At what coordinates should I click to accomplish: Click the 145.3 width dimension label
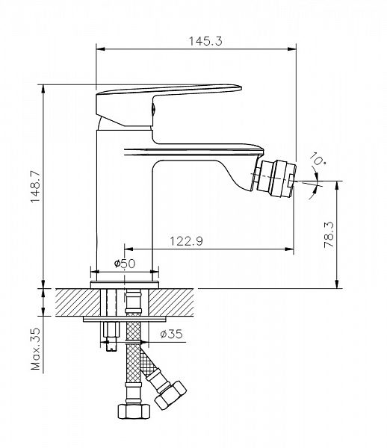pyautogui.click(x=205, y=41)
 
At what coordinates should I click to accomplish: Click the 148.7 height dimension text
pyautogui.click(x=36, y=187)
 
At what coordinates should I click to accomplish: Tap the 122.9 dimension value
pyautogui.click(x=187, y=241)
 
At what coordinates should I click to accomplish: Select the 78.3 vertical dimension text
pyautogui.click(x=329, y=234)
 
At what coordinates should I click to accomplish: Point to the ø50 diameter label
pyautogui.click(x=125, y=264)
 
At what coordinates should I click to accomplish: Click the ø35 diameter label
pyautogui.click(x=171, y=334)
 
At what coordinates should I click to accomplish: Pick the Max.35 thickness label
pyautogui.click(x=36, y=349)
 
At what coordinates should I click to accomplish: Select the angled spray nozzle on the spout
pyautogui.click(x=275, y=179)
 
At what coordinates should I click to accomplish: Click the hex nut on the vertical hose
pyautogui.click(x=134, y=411)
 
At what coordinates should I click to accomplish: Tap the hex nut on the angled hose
pyautogui.click(x=170, y=396)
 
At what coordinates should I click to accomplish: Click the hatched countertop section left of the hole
pyautogui.click(x=78, y=302)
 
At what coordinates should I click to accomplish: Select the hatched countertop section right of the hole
pyautogui.click(x=171, y=302)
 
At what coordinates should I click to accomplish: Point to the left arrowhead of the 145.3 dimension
pyautogui.click(x=101, y=49)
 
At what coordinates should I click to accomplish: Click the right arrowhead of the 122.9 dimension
pyautogui.click(x=289, y=249)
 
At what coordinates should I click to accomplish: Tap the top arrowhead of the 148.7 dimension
pyautogui.click(x=43, y=89)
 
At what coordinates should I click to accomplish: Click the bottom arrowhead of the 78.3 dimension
pyautogui.click(x=338, y=284)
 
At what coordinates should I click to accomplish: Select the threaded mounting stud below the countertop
pyautogui.click(x=111, y=336)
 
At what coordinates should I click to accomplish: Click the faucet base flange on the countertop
pyautogui.click(x=125, y=285)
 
